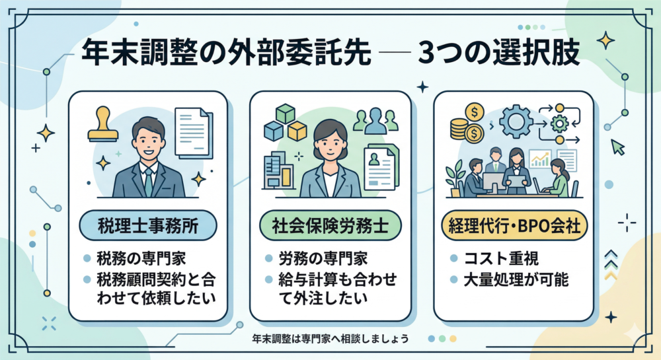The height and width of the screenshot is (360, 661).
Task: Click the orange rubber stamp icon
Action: pyautogui.click(x=103, y=126)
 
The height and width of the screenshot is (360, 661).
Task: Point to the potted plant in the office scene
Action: pyautogui.click(x=455, y=177)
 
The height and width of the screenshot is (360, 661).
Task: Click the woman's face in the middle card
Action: pyautogui.click(x=329, y=141)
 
